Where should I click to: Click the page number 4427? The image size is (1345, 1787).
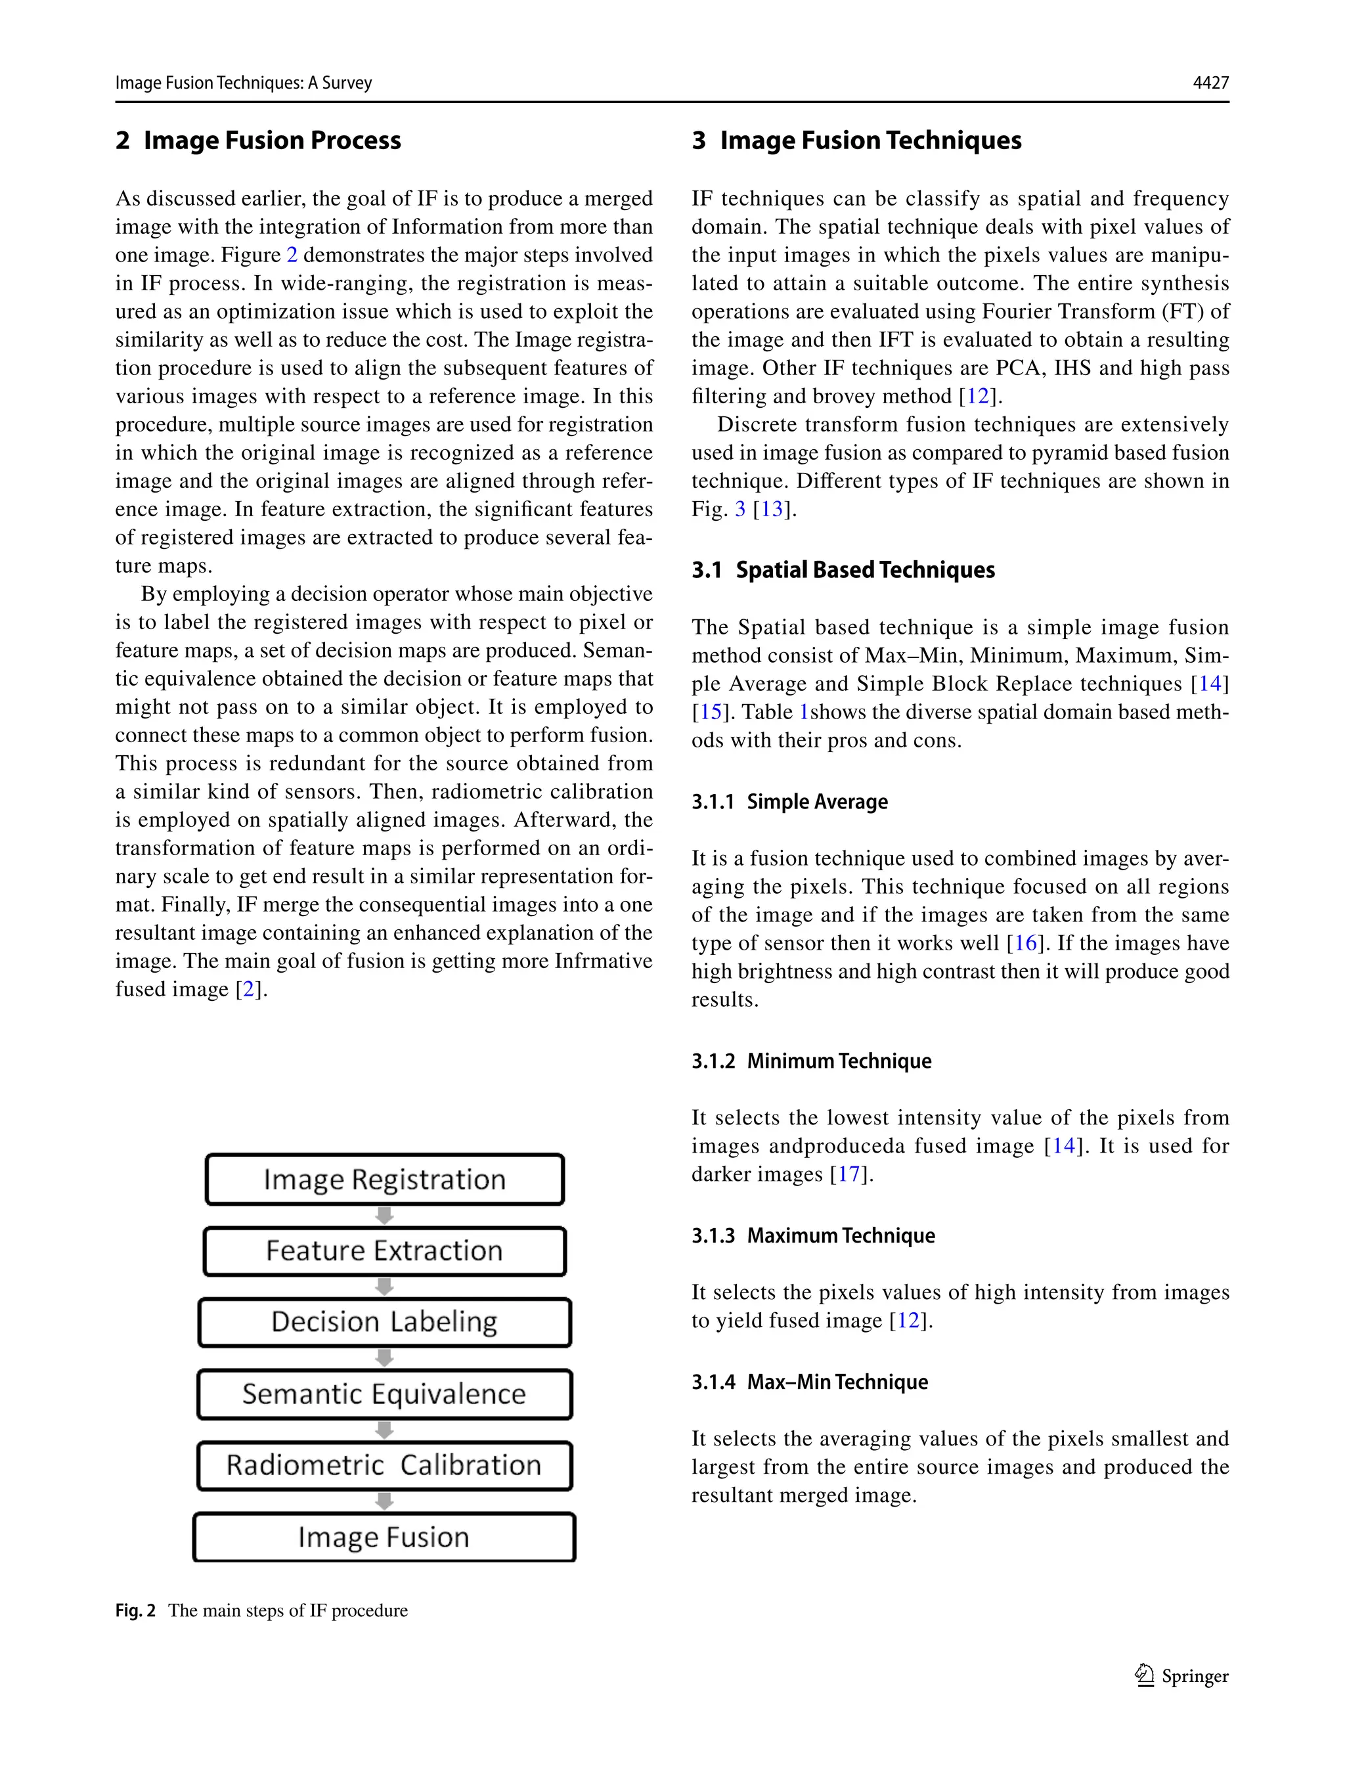coord(1210,82)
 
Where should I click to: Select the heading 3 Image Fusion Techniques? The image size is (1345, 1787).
coord(856,141)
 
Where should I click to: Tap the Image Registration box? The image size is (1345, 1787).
coord(384,1180)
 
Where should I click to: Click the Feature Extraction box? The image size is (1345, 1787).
coord(384,1250)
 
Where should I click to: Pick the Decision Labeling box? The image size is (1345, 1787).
coord(384,1321)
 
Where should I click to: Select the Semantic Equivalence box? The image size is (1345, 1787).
coord(384,1394)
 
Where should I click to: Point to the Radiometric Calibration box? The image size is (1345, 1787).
coord(384,1465)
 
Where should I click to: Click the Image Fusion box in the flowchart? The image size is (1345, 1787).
coord(384,1537)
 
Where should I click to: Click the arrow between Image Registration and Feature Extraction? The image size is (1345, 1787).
coord(384,1215)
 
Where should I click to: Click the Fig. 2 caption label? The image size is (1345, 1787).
coord(135,1611)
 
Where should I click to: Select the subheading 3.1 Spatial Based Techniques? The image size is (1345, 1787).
coord(843,570)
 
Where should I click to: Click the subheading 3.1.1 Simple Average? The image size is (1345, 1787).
coord(789,802)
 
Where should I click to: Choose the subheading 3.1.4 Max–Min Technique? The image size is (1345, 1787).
coord(809,1382)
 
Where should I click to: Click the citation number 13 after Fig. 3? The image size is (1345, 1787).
coord(772,510)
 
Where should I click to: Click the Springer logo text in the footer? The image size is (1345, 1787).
coord(1194,1676)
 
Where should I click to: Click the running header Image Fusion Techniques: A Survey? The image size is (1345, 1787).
coord(243,82)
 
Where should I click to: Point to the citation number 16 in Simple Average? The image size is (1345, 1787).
coord(1025,944)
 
